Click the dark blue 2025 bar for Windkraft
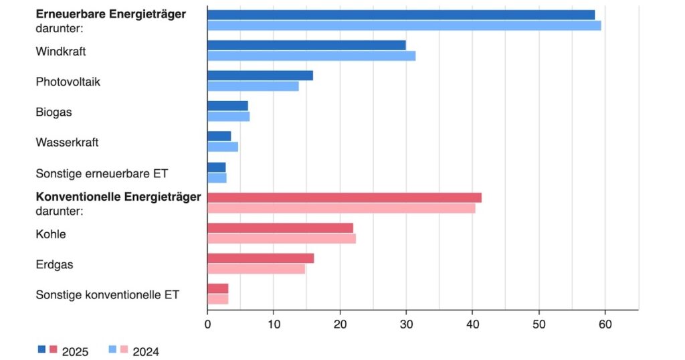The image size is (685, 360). [x=306, y=45]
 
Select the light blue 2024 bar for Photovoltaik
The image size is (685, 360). [x=253, y=86]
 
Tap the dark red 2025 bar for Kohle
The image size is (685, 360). [x=280, y=228]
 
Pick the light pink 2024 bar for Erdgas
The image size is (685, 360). [x=256, y=269]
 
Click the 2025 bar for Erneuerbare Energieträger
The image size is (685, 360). [x=401, y=15]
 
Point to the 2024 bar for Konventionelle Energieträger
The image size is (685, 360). [x=341, y=208]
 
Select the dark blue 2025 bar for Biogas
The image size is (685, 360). [x=227, y=106]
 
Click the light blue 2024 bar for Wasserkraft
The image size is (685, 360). [x=223, y=147]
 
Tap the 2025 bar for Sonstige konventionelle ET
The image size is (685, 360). [x=218, y=288]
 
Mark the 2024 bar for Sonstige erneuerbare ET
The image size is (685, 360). [x=217, y=178]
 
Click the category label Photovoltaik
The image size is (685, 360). [x=68, y=81]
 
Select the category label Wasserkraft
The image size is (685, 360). [x=67, y=143]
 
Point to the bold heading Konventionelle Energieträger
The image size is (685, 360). [x=118, y=197]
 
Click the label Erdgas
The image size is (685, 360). [x=54, y=265]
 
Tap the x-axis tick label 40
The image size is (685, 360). [x=472, y=325]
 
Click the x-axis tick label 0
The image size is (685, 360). [x=207, y=325]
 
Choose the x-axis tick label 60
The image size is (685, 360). [x=605, y=325]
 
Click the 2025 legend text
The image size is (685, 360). [x=75, y=352]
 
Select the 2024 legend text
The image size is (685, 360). [x=146, y=352]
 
